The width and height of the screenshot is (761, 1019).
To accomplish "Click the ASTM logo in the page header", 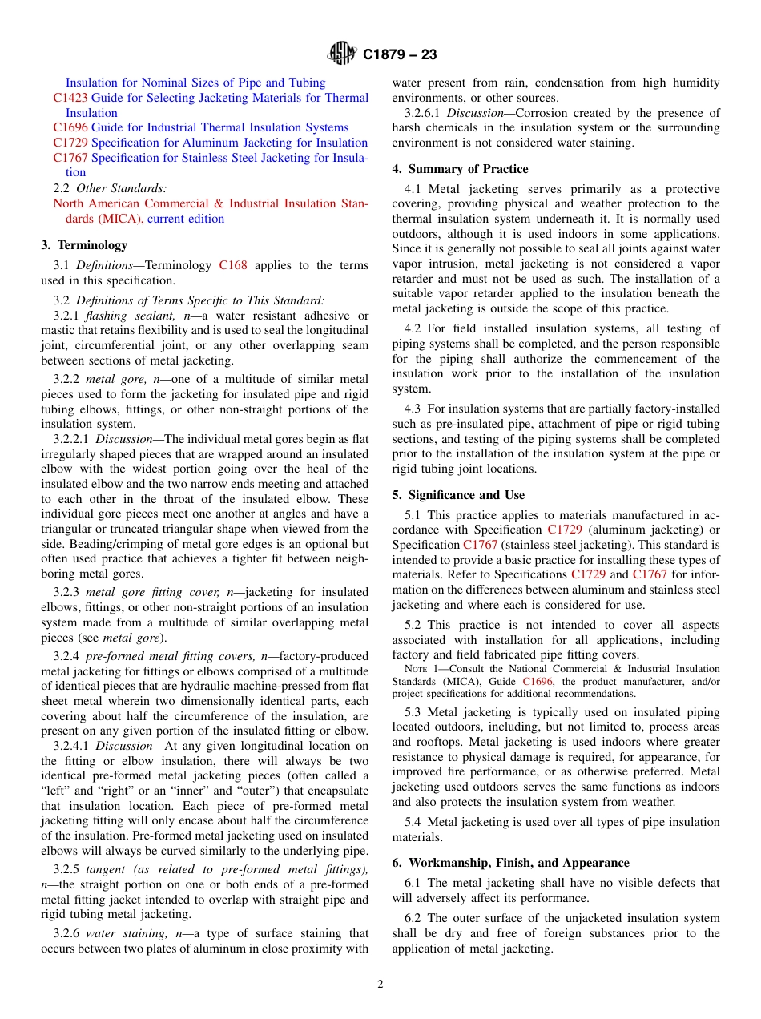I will (x=342, y=54).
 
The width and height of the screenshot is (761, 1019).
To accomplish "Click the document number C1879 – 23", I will (x=400, y=55).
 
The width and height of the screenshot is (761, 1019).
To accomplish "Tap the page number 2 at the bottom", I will (x=380, y=985).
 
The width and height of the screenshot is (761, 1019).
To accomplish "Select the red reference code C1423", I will (x=70, y=98).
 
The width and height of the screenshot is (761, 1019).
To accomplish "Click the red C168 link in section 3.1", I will (x=233, y=265).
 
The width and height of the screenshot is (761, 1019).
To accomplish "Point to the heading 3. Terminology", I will (x=84, y=245).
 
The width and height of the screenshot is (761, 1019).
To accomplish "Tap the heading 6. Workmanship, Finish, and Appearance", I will (x=510, y=863).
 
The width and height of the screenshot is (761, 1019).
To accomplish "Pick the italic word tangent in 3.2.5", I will (x=106, y=870).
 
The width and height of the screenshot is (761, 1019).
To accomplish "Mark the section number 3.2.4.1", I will (x=72, y=746).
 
